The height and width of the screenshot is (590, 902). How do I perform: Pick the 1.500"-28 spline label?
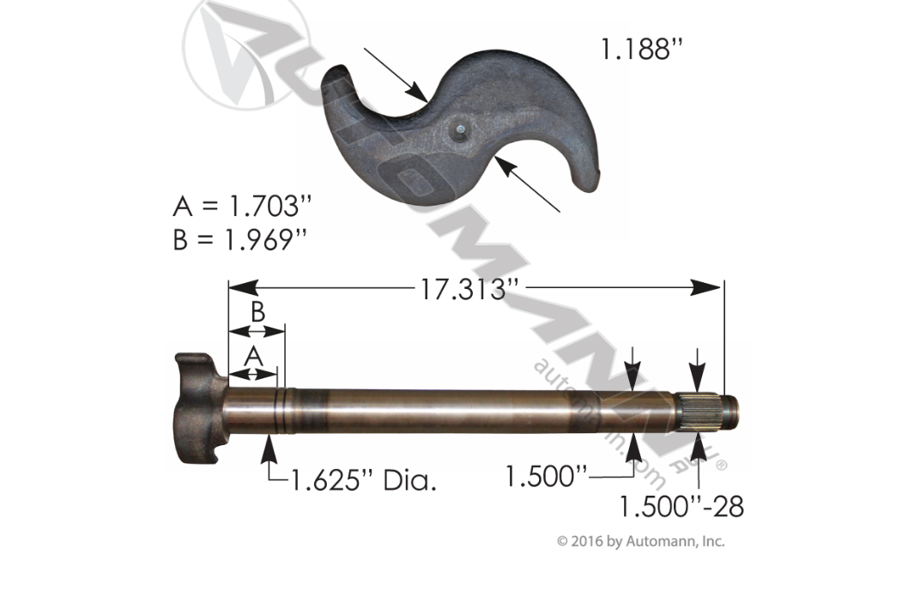click(681, 506)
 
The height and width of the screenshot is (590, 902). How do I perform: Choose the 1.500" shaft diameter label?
click(546, 474)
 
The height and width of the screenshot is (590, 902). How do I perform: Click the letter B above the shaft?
click(257, 312)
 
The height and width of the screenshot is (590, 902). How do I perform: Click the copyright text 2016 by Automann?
click(641, 541)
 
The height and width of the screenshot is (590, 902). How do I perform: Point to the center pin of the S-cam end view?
click(460, 129)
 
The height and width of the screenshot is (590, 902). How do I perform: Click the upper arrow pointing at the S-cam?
click(396, 75)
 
